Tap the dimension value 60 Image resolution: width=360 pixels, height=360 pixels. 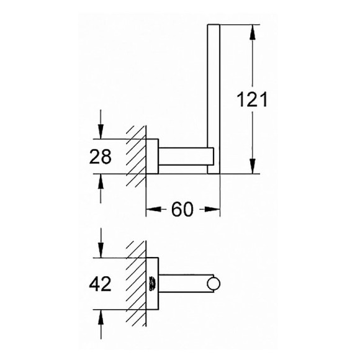coord(183,209)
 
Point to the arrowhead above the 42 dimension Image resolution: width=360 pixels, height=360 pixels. coord(101,250)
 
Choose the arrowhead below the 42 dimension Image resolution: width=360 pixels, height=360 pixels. coord(101,319)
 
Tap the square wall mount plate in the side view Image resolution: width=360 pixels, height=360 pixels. coord(153,157)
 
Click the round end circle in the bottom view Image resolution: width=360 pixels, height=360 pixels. coord(214,285)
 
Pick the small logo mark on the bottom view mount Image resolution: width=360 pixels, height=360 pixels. coord(153,285)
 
